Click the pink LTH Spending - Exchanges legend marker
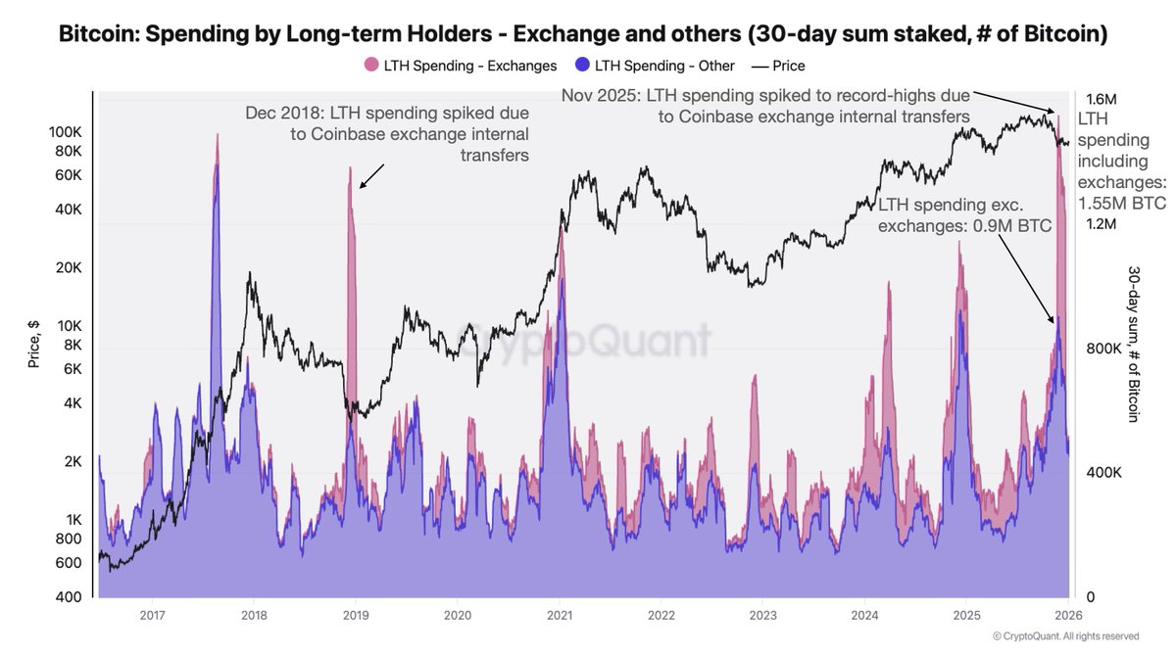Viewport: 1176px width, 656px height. (370, 66)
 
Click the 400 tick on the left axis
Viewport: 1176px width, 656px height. (69, 597)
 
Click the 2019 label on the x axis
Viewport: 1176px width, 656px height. (355, 615)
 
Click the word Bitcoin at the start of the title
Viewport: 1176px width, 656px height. (95, 35)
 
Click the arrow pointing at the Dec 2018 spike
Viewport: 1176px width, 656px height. (371, 175)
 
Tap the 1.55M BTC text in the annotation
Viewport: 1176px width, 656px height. (1122, 205)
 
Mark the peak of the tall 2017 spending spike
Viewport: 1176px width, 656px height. (216, 135)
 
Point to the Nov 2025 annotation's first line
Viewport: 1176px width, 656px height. (764, 96)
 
